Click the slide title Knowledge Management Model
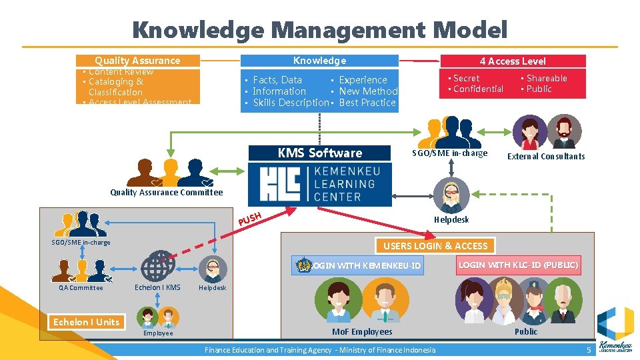coord(319,30)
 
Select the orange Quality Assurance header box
coord(137,61)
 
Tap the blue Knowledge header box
coord(319,61)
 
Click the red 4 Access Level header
coord(513,61)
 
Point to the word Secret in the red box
coord(466,78)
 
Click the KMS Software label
coord(319,153)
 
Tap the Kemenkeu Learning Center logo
coord(320,185)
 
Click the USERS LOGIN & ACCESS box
coord(435,246)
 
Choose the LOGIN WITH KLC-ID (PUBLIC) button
coord(517,265)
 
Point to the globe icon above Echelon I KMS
coord(158,264)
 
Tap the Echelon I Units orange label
coord(87,322)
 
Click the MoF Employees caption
coord(362,331)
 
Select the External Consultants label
coord(546,157)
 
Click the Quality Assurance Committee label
coord(166,193)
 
